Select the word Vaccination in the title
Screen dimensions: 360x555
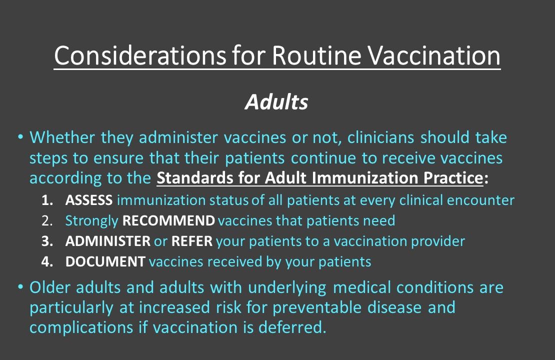[430, 56]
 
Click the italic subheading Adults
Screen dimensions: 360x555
[276, 102]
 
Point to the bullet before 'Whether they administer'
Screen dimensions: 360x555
[20, 136]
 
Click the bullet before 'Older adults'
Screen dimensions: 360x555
[20, 287]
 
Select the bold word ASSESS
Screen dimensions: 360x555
[89, 200]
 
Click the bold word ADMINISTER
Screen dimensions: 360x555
[107, 241]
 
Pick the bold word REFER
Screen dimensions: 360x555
[192, 241]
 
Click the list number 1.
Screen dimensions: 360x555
[46, 200]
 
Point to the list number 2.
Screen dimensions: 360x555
[46, 220]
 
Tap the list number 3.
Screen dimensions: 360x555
[46, 241]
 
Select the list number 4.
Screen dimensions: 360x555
[46, 261]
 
